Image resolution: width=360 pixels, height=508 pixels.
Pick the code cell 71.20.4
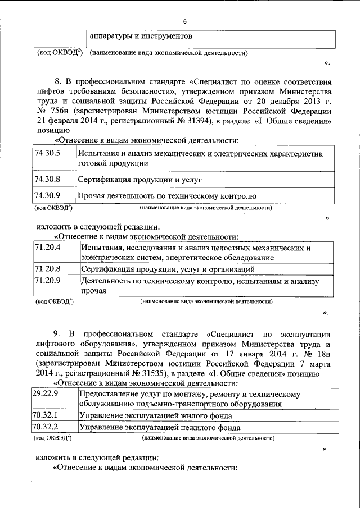coord(48,248)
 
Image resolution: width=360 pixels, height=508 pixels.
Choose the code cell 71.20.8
coord(48,269)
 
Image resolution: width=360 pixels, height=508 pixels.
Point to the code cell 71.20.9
coord(48,280)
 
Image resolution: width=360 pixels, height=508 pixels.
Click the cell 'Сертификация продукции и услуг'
coord(139,180)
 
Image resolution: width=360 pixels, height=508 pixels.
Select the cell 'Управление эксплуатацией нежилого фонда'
coord(160,428)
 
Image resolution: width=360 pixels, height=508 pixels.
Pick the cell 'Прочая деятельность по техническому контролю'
coord(167,196)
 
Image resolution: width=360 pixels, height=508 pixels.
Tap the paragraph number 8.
coord(57,82)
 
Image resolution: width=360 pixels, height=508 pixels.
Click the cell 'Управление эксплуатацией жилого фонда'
coord(156,416)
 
